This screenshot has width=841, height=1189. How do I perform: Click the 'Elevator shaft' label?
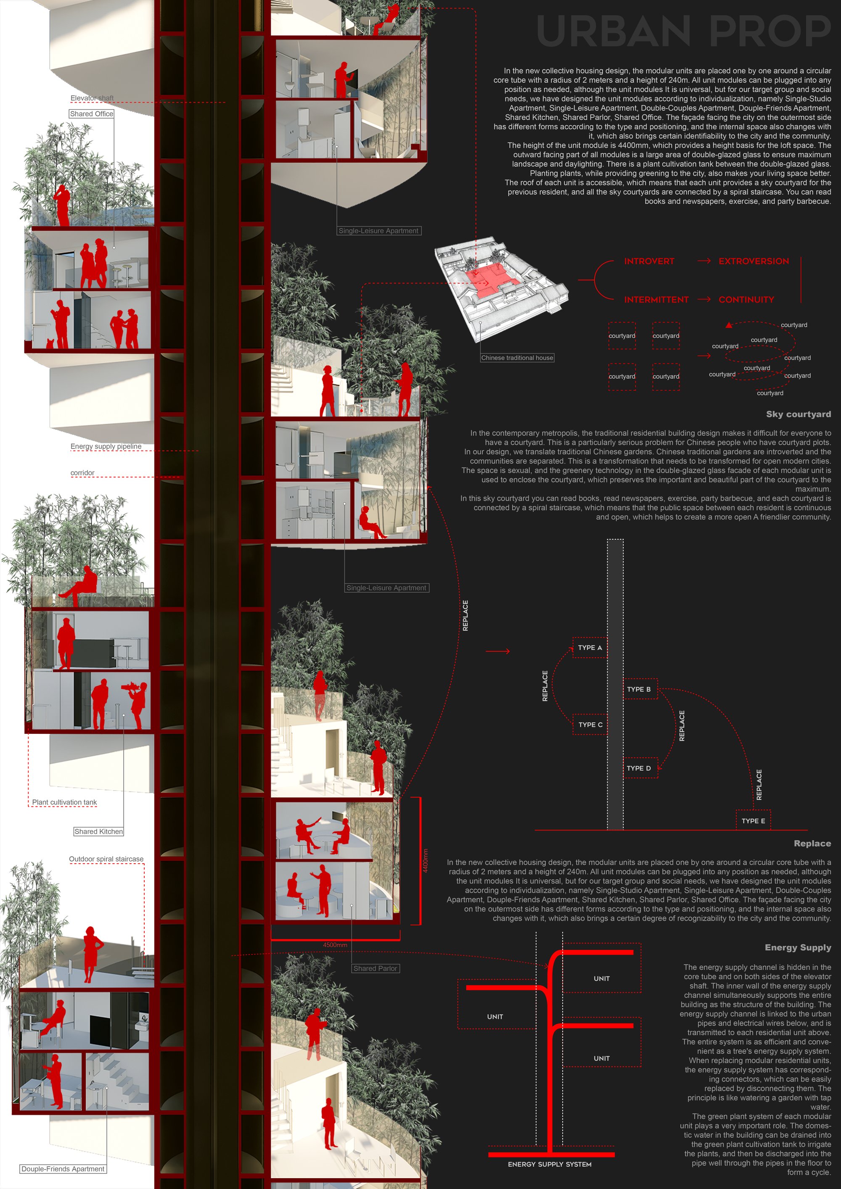pos(92,98)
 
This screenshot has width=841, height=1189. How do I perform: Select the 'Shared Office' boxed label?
pos(92,114)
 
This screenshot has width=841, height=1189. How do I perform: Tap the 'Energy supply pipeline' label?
pos(106,446)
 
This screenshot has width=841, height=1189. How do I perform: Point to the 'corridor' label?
pos(82,473)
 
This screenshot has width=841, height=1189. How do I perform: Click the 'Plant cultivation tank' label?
pos(64,802)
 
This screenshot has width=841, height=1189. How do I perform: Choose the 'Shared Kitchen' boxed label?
pos(98,832)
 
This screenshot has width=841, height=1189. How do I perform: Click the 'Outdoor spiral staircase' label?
pos(106,859)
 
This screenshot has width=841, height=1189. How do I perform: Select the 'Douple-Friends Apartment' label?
pos(63,1169)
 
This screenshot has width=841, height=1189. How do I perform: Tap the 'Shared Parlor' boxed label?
pos(375,968)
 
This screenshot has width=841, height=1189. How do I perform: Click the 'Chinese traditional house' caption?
pos(517,358)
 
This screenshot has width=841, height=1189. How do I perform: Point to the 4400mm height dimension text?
pos(426,861)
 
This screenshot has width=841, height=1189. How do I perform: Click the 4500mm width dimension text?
pos(335,945)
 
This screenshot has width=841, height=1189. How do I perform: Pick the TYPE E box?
pos(754,821)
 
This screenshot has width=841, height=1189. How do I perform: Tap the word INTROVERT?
pos(649,261)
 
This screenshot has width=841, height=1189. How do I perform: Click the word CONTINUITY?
pos(746,300)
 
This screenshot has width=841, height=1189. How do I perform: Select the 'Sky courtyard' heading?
pos(799,414)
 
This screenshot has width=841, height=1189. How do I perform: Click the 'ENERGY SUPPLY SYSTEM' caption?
pos(550,1164)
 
